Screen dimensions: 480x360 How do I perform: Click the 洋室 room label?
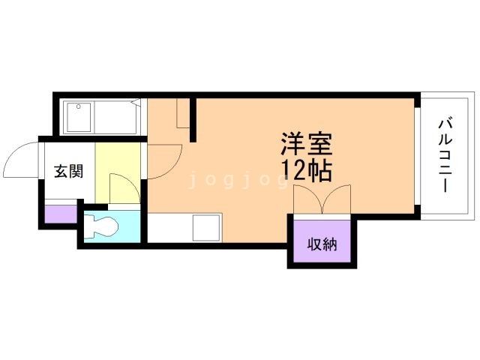307,145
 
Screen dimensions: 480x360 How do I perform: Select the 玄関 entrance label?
68,171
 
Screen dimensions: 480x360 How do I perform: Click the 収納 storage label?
322,244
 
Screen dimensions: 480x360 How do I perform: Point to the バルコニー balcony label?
445,155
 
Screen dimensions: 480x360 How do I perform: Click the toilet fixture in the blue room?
101,226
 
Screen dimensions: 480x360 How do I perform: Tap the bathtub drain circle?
79,106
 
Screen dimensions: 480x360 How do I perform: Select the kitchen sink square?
207,228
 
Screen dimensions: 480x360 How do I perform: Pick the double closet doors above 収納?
322,199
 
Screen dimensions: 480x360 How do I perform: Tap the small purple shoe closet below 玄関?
61,214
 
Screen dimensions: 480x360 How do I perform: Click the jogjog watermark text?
238,179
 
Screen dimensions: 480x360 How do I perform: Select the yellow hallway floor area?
118,172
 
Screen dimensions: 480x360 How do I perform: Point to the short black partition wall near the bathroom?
193,119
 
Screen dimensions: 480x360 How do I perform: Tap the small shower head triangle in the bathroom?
136,102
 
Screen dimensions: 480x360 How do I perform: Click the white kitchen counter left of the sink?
170,228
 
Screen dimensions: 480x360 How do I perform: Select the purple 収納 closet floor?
322,241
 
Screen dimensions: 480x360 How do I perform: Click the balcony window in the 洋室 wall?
418,156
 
